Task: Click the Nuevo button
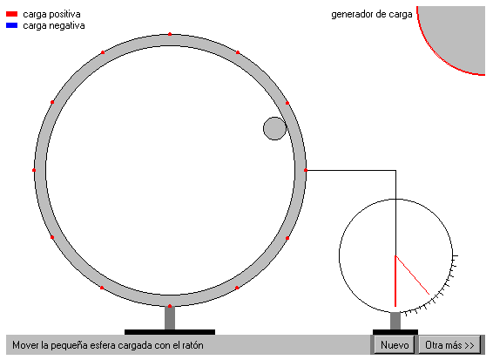(x=395, y=345)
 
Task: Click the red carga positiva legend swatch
(x=11, y=14)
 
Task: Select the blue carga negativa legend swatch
(x=11, y=25)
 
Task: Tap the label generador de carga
(x=372, y=14)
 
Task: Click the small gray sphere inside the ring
(x=274, y=128)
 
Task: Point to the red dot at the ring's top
(x=170, y=34)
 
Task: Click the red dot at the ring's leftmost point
(x=34, y=170)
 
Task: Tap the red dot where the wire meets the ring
(x=306, y=170)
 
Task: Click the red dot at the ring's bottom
(x=170, y=306)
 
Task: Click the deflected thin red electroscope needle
(x=412, y=275)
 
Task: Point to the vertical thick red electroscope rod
(x=395, y=281)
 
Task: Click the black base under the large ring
(x=170, y=332)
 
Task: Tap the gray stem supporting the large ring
(x=170, y=318)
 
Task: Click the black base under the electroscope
(x=395, y=332)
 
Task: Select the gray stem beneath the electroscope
(x=395, y=321)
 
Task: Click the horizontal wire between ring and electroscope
(x=350, y=170)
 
